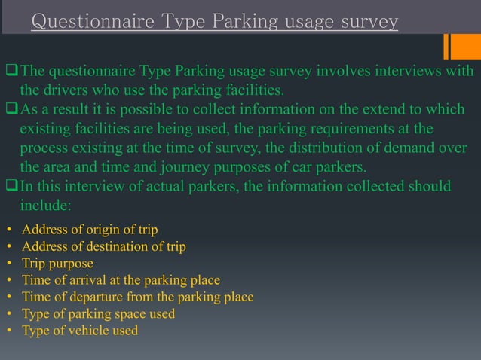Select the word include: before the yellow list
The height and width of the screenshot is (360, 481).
click(x=46, y=204)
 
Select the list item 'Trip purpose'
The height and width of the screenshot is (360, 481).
click(x=58, y=264)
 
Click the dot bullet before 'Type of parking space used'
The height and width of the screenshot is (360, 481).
click(x=8, y=313)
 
